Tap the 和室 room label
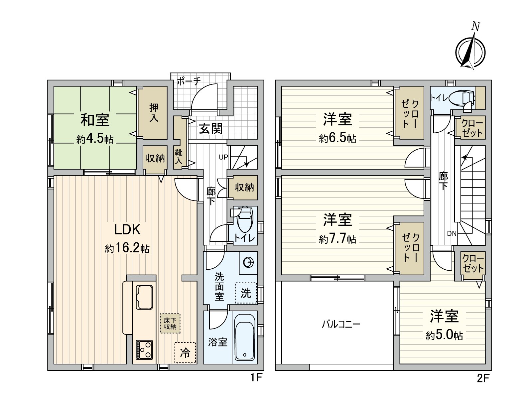tap(95, 120)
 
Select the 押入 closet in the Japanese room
tap(153, 113)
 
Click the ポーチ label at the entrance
tap(189, 81)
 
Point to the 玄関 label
tap(211, 128)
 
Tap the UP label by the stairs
tap(223, 157)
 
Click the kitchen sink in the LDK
tap(144, 297)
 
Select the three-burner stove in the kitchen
tap(144, 349)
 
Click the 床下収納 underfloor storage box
tap(170, 324)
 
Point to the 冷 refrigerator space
tap(185, 353)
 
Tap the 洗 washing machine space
tap(246, 293)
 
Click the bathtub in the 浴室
tap(244, 340)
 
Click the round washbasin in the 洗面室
tap(248, 263)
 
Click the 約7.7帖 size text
tap(337, 239)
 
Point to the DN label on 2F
tap(452, 233)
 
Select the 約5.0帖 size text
tap(444, 335)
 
